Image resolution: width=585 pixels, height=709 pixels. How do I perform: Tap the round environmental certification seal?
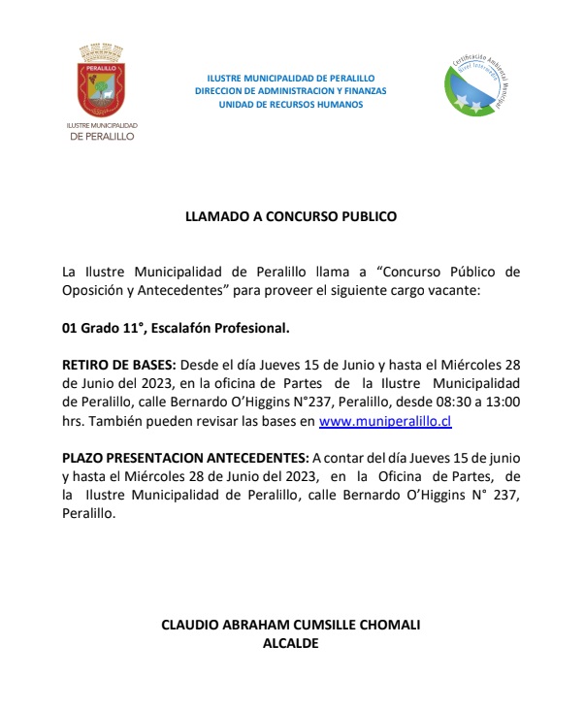pyautogui.click(x=474, y=81)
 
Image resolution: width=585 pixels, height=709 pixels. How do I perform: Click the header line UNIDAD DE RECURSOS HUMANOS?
pyautogui.click(x=291, y=104)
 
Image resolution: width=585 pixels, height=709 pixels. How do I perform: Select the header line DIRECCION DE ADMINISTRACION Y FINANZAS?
pyautogui.click(x=291, y=91)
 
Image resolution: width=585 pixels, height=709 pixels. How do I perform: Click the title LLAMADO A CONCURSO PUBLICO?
pyautogui.click(x=291, y=217)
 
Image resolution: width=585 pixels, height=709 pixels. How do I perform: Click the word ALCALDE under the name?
pyautogui.click(x=291, y=642)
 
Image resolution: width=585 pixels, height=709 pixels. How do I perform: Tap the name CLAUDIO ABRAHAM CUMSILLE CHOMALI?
pyautogui.click(x=291, y=625)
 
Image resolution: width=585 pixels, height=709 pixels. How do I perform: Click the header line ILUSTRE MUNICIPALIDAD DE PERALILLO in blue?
pyautogui.click(x=291, y=78)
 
